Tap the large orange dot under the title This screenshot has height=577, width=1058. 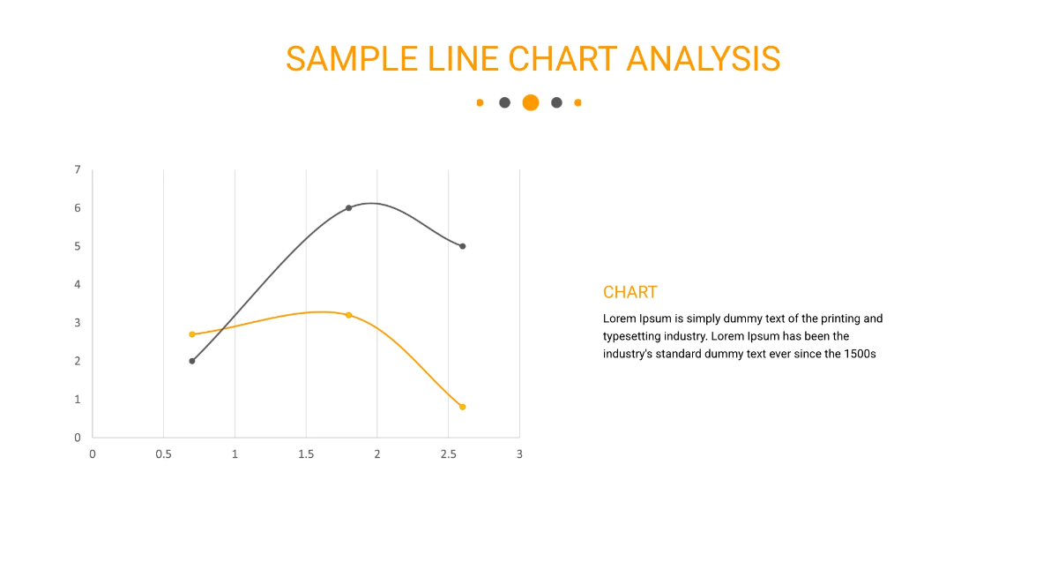[x=530, y=102]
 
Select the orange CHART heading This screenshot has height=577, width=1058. [x=630, y=292]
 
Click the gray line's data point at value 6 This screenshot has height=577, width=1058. [x=348, y=208]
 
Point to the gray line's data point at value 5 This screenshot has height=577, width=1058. [x=462, y=246]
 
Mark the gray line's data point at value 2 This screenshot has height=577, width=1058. [x=192, y=361]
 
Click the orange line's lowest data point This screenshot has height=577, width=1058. [x=462, y=407]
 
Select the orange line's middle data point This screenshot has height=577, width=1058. [x=348, y=315]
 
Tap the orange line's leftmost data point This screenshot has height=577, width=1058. [x=192, y=334]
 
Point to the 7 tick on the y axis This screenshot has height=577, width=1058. [x=78, y=169]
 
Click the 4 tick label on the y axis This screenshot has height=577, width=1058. [x=78, y=284]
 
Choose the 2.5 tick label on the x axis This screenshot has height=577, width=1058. [x=448, y=454]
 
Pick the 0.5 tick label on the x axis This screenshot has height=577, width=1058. [x=163, y=454]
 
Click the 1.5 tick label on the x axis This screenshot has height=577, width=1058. [x=306, y=454]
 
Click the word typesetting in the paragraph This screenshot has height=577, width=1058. [x=633, y=336]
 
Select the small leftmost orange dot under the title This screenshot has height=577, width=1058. [x=480, y=102]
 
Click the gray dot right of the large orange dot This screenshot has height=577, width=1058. [x=556, y=102]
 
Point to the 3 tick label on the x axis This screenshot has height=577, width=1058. [x=519, y=454]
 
